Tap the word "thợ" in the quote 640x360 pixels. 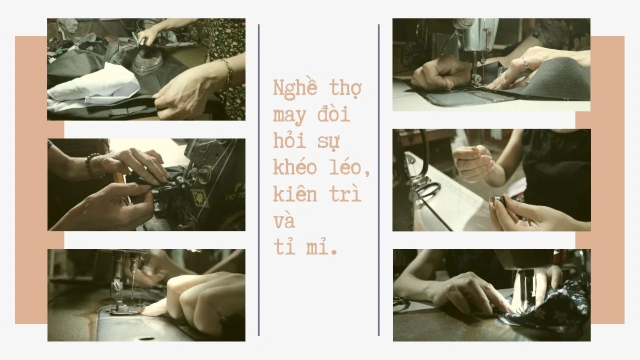click(345, 89)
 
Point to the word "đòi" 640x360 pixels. click(333, 113)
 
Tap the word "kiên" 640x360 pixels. click(295, 193)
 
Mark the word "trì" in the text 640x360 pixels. click(345, 193)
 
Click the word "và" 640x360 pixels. click(284, 220)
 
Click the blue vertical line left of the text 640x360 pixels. click(258, 180)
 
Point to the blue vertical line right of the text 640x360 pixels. click(378, 180)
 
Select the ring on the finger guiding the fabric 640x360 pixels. click(525, 62)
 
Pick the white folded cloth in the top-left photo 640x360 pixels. click(94, 87)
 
